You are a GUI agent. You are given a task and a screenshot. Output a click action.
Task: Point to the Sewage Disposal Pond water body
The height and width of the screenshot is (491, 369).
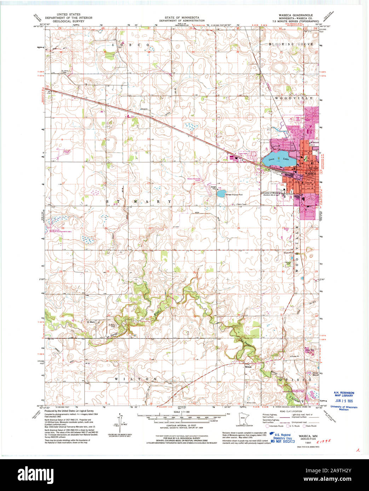tap(221, 194)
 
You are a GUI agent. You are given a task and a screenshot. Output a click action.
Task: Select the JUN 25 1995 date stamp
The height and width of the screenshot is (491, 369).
tap(342, 401)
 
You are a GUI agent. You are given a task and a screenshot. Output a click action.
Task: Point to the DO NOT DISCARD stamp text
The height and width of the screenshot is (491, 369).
tap(283, 441)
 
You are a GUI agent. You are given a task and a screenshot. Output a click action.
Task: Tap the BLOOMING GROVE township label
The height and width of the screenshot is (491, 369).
tap(286, 44)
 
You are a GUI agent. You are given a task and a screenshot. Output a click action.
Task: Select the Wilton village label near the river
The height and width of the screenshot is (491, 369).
tap(248, 367)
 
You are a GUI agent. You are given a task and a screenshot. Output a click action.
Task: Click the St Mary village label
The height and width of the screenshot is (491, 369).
tap(91, 322)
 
